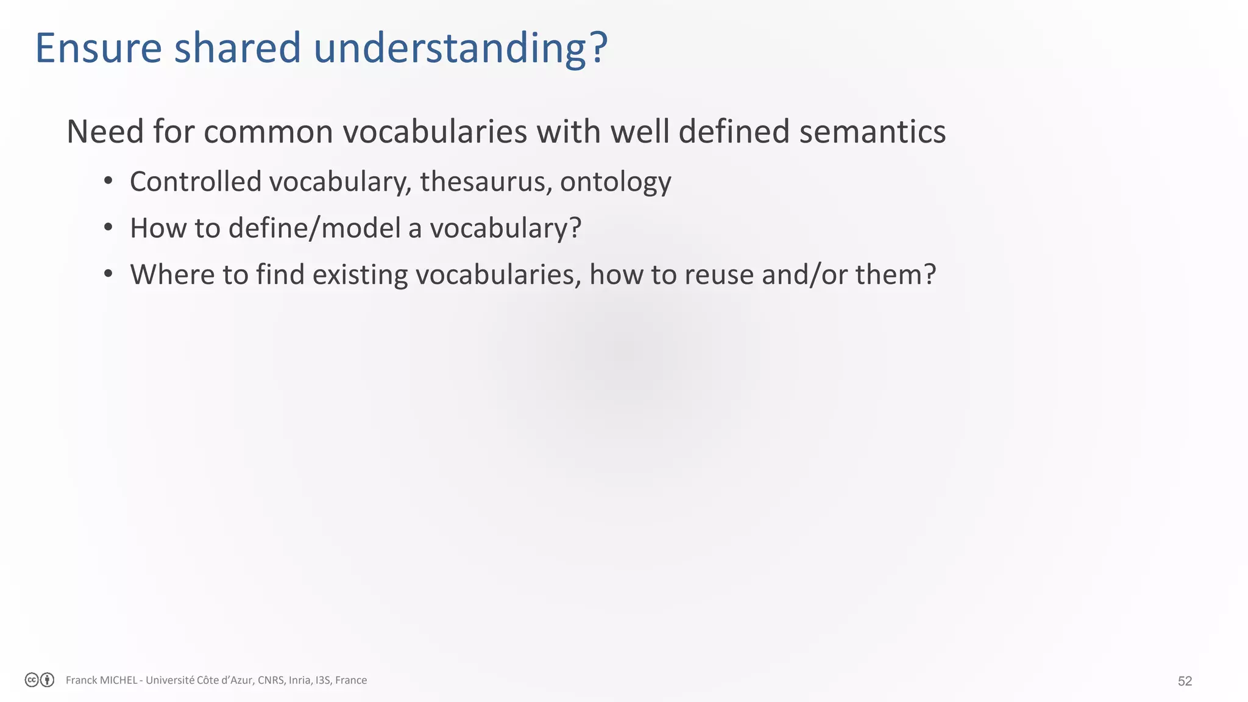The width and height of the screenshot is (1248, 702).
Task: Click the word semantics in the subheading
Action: [x=872, y=132]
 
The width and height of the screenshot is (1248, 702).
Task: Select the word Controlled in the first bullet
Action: [x=195, y=182]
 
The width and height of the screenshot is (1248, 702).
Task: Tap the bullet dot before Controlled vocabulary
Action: [x=108, y=180]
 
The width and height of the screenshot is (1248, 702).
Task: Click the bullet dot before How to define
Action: [x=108, y=227]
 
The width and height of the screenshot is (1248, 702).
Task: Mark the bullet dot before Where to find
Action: [x=108, y=273]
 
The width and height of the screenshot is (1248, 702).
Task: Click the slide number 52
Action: [x=1185, y=681]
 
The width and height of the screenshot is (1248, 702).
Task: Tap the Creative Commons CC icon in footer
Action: [x=32, y=680]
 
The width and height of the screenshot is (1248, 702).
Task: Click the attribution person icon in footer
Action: [x=47, y=680]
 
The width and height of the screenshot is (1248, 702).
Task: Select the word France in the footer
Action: [x=351, y=680]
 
